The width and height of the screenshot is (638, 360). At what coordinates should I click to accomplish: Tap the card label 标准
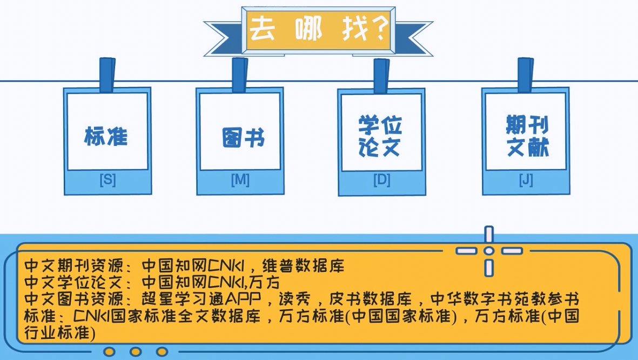(106, 136)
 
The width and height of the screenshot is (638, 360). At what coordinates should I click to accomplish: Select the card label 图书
(243, 137)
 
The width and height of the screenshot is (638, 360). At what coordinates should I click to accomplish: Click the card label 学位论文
(380, 136)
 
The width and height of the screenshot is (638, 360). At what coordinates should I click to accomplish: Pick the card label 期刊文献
(527, 136)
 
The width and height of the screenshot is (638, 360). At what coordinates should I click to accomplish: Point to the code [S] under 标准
(108, 180)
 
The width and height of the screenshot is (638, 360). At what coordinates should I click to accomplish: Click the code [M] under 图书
(240, 180)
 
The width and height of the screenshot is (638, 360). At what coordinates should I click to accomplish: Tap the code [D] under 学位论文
(381, 180)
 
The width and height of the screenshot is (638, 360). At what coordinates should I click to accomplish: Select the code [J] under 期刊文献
(526, 180)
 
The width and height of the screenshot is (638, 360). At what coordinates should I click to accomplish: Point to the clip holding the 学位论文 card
(381, 76)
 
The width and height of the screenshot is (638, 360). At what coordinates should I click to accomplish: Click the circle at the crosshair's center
(489, 251)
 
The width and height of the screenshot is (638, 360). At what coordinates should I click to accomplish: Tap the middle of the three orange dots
(136, 352)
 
